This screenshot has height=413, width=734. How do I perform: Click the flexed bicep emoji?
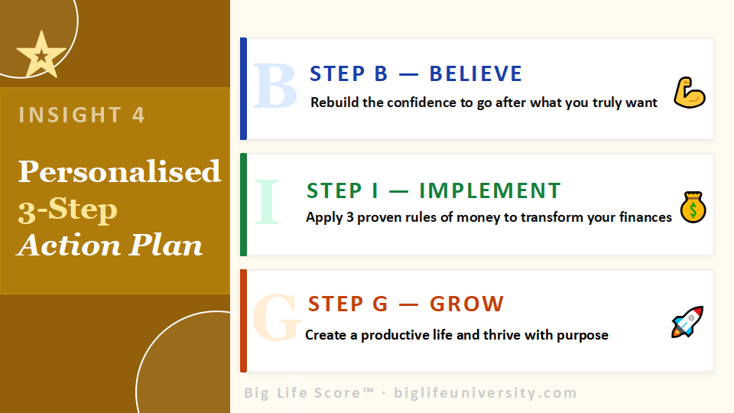689,93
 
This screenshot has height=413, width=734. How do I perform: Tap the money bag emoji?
693,207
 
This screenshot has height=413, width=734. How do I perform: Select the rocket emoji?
687,323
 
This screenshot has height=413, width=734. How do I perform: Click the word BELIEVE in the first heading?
476,74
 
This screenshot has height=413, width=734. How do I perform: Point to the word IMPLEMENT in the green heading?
490,190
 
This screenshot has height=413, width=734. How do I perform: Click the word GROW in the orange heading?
466,304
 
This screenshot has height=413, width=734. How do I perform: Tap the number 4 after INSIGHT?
138,115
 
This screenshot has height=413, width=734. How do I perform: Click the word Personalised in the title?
119,171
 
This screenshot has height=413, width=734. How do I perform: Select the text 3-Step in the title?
68,209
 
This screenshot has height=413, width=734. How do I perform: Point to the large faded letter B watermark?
274,86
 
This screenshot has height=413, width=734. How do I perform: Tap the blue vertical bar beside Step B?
243,89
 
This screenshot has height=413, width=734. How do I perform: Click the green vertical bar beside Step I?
243,204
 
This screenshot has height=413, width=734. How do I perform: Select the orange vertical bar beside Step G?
243,320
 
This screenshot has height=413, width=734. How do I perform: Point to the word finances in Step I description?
641,217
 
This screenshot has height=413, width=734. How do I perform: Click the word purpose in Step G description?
583,335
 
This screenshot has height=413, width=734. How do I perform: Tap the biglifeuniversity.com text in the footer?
485,393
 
